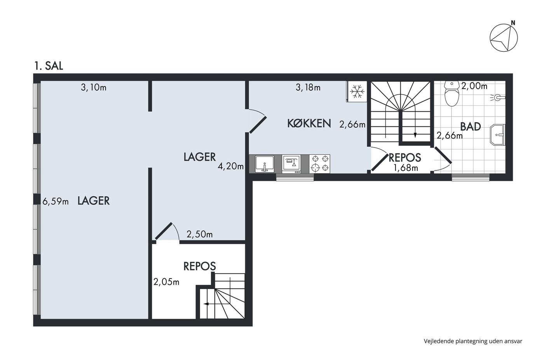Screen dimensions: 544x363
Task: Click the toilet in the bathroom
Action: click(x=452, y=94)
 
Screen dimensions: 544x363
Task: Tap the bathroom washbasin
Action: click(x=498, y=135)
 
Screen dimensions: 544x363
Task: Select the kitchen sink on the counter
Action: click(x=265, y=164)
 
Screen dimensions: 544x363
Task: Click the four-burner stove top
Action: click(x=320, y=164)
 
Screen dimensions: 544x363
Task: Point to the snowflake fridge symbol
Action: click(x=357, y=91)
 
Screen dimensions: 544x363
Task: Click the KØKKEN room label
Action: click(x=309, y=123)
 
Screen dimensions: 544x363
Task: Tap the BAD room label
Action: click(x=471, y=127)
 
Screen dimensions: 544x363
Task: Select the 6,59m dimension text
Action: click(x=55, y=202)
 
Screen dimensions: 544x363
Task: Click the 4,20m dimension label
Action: click(x=230, y=166)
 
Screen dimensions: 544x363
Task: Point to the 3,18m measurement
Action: click(x=308, y=87)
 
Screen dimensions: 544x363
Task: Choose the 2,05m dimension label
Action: click(x=166, y=282)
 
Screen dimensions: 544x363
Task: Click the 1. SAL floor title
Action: click(x=49, y=66)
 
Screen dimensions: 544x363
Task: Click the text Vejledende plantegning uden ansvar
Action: click(x=473, y=341)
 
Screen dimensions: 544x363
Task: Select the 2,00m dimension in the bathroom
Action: click(x=474, y=86)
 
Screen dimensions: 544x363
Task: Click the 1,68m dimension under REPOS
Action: click(x=406, y=168)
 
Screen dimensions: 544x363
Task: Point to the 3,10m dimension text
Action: click(x=94, y=87)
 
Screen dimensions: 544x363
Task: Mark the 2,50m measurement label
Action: click(x=200, y=234)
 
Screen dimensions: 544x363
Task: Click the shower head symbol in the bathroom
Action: click(x=498, y=98)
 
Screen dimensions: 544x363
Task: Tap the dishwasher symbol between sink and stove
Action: click(x=291, y=164)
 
